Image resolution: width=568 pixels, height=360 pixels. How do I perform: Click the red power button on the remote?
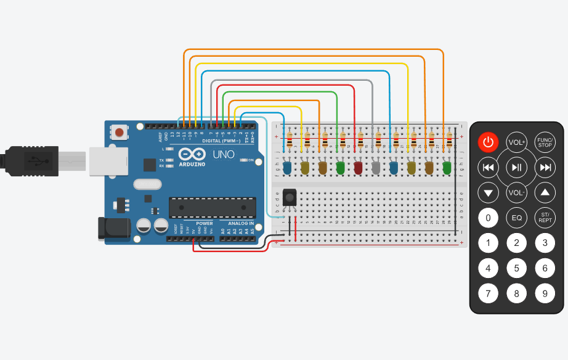click(488, 142)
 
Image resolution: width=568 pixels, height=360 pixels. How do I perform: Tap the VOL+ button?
click(516, 142)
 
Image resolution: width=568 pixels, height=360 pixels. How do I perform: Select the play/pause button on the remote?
click(516, 167)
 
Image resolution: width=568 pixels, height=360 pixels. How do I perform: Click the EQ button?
click(516, 217)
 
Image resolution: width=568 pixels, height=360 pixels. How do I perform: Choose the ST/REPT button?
click(545, 217)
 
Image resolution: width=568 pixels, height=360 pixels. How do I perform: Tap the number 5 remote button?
click(516, 268)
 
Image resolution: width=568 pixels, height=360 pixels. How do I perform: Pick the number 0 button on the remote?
click(488, 217)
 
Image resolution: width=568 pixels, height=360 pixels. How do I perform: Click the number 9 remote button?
click(545, 293)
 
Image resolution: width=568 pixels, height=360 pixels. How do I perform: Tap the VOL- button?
click(516, 192)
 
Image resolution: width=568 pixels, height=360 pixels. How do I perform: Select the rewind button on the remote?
click(488, 167)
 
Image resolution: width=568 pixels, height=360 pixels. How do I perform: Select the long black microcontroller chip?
click(209, 208)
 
